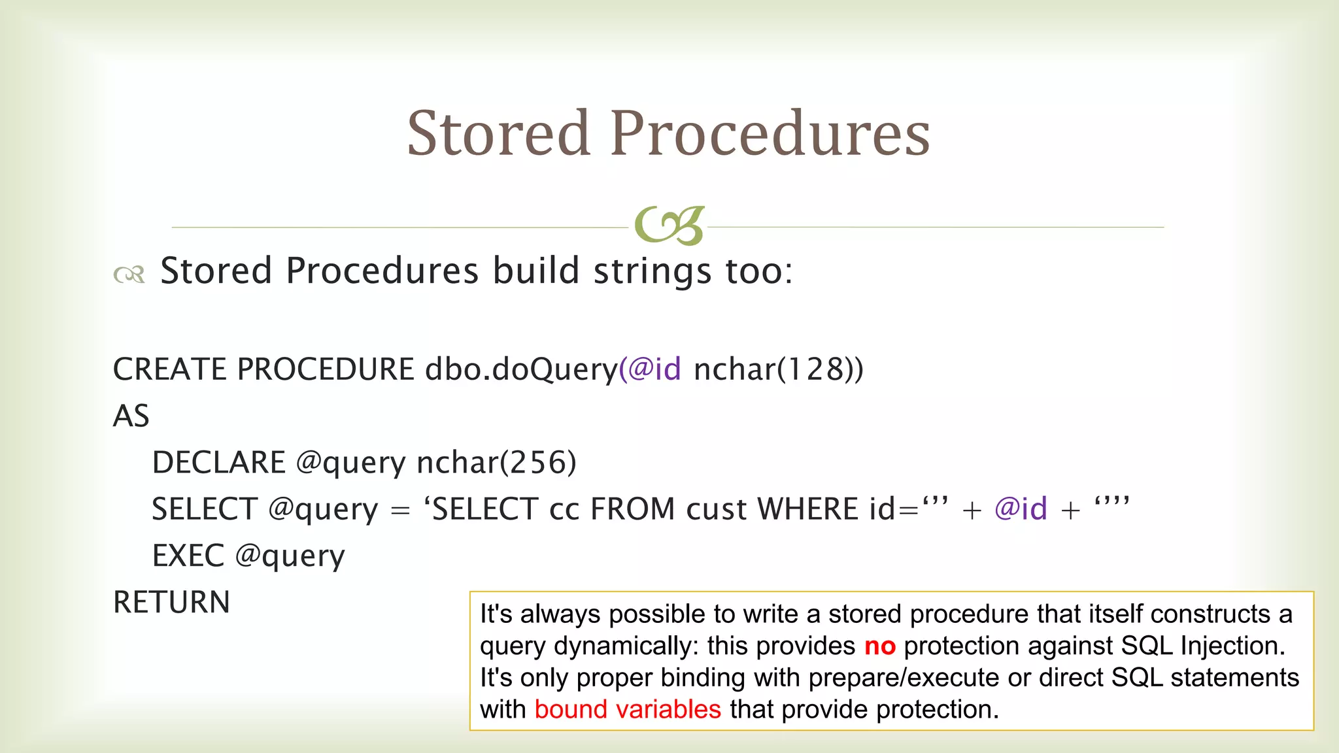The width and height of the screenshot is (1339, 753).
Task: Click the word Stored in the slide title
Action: pos(499,134)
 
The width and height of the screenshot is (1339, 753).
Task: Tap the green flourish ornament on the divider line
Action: pos(669,226)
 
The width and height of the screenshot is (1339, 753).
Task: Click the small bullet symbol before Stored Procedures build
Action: pos(129,274)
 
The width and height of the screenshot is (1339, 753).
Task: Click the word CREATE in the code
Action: pos(169,369)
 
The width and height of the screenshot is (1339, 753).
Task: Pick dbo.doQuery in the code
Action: pos(521,370)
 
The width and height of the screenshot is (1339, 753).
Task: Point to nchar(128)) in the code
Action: pos(778,369)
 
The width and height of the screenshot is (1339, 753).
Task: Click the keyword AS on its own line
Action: pos(131,416)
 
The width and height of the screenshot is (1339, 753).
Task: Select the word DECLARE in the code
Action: pos(218,463)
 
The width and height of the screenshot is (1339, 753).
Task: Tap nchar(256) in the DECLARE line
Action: pos(496,463)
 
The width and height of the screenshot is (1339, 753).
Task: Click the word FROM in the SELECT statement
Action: pos(632,509)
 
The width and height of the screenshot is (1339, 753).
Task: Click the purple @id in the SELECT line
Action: pos(1021,509)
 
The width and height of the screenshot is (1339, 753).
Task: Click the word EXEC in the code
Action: pos(188,556)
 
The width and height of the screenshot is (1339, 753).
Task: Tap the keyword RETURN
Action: pos(171,602)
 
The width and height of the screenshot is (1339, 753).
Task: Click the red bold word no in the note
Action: pos(879,646)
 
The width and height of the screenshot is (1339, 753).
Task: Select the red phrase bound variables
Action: pos(627,710)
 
